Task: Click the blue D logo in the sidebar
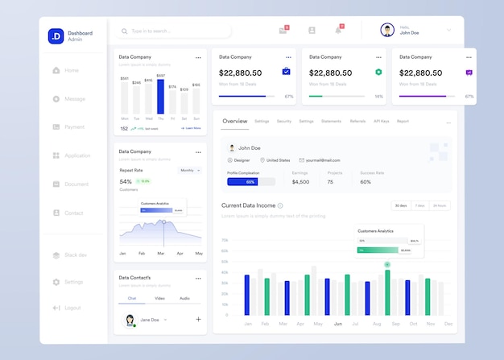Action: pos(56,35)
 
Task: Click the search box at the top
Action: pos(173,31)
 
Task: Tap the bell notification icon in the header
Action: pos(338,31)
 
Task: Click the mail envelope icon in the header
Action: pos(283,31)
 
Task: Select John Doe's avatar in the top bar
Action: pos(387,31)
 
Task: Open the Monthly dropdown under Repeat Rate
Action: pos(189,171)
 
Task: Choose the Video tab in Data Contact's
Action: pos(159,298)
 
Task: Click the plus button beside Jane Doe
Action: pos(198,320)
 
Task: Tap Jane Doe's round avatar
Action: pos(129,320)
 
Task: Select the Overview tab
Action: pos(234,121)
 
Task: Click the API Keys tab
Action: pos(381,121)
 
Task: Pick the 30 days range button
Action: pos(400,205)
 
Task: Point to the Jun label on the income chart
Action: pos(337,324)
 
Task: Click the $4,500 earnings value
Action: pos(300,182)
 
